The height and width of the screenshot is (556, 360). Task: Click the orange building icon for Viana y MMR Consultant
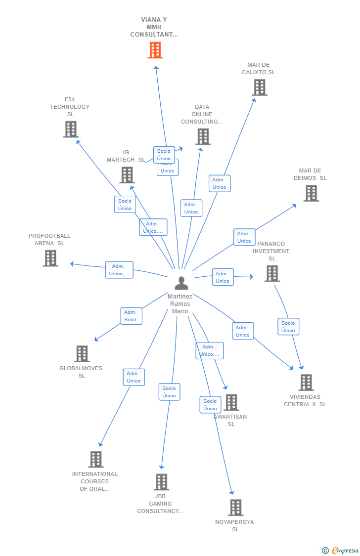(155, 50)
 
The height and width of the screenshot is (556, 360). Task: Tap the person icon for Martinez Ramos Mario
(181, 283)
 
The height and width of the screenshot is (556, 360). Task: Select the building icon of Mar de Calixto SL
(259, 87)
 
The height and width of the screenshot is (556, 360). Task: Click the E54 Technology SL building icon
(71, 129)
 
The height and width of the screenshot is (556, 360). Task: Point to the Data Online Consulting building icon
(203, 137)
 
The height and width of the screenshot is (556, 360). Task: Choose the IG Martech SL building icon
(127, 175)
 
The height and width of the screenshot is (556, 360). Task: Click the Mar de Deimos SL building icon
(311, 193)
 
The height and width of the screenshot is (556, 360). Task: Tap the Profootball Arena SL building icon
(50, 258)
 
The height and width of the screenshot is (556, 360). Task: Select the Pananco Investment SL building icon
(272, 273)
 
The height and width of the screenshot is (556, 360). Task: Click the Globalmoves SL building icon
(82, 354)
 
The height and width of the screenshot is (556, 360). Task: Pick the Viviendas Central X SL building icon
(306, 383)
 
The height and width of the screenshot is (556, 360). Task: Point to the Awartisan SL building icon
(231, 402)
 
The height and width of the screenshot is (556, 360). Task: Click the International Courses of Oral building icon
(96, 459)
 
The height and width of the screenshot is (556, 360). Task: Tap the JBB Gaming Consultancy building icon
(161, 482)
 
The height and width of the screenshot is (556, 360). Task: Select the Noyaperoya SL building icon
(235, 508)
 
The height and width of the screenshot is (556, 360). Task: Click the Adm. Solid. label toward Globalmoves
(131, 316)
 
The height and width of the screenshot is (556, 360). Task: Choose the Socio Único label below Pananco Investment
(288, 327)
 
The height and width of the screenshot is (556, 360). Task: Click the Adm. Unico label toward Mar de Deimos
(244, 237)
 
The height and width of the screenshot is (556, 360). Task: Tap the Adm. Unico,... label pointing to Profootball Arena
(119, 270)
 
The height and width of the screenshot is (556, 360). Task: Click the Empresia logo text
(345, 550)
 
